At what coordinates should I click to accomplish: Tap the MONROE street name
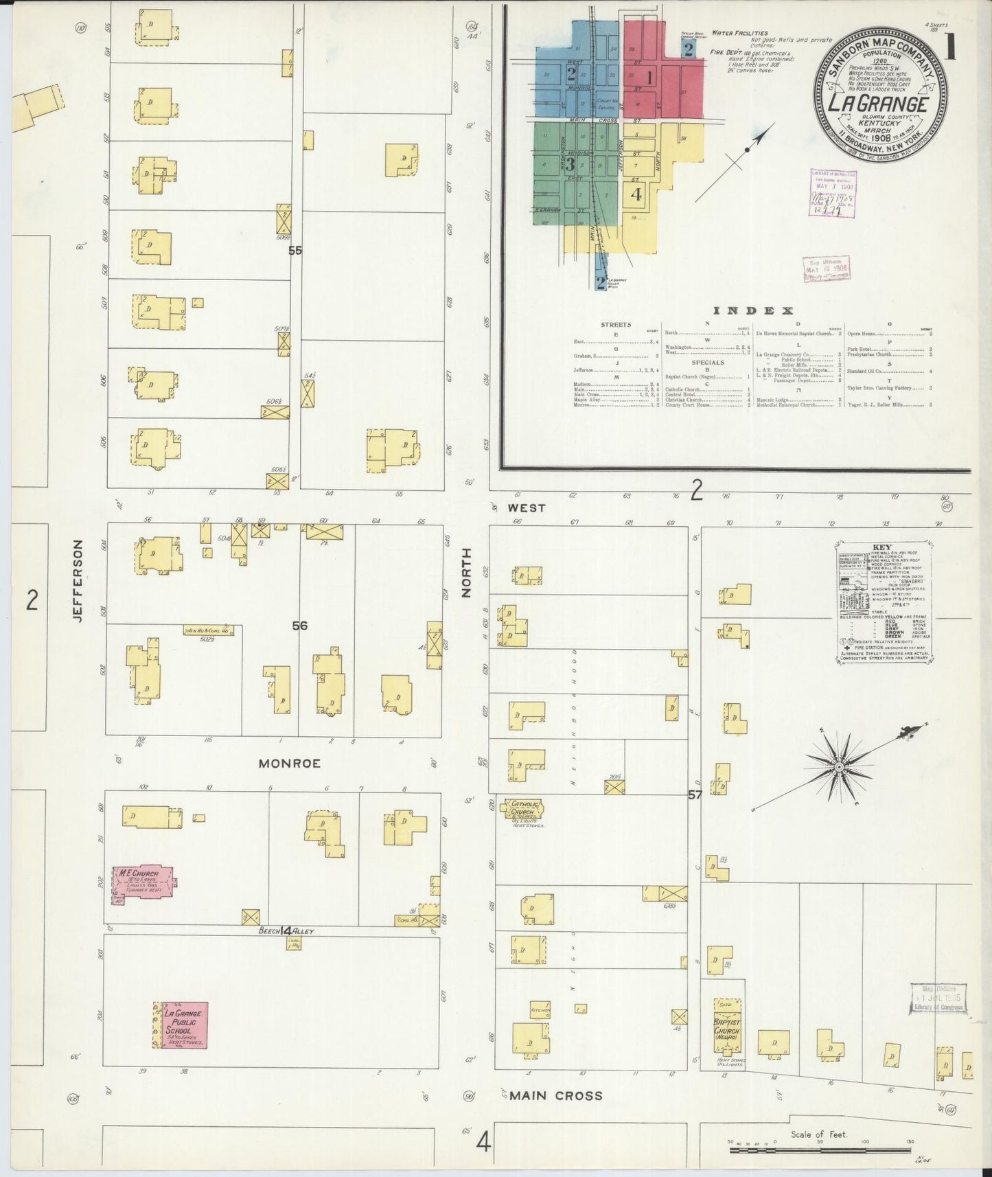tap(289, 764)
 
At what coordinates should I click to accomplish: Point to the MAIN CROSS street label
tap(554, 1095)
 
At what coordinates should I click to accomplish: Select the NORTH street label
tap(467, 572)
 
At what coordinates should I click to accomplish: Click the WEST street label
tap(527, 508)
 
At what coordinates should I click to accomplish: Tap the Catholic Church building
tap(523, 810)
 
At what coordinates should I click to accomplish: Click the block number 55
tap(295, 251)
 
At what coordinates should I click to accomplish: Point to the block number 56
tap(299, 626)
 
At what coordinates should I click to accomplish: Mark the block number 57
tap(695, 795)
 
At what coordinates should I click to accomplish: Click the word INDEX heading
tap(754, 311)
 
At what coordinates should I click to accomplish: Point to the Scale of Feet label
tap(818, 1134)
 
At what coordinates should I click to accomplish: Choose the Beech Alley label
tap(286, 931)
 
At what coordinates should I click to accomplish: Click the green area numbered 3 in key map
tap(570, 165)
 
